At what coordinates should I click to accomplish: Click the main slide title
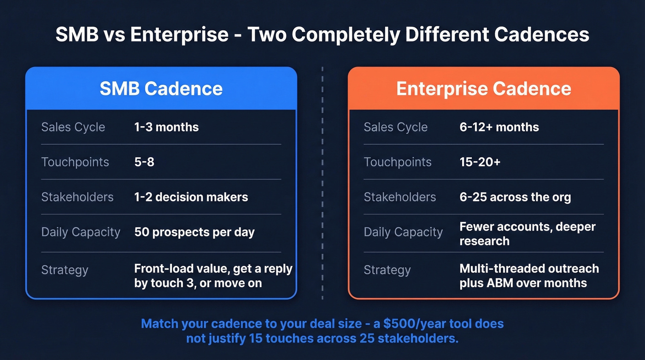[x=322, y=35]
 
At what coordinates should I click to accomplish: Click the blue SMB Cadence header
[x=161, y=89]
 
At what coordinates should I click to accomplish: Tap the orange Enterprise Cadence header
[x=484, y=89]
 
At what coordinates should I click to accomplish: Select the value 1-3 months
[x=166, y=127]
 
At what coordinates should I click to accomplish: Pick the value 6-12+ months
[x=499, y=127]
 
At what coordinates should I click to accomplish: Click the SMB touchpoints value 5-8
[x=144, y=162]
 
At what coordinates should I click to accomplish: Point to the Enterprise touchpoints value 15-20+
[x=480, y=162]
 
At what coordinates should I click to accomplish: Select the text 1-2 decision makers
[x=191, y=197]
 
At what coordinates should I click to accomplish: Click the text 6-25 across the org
[x=515, y=197]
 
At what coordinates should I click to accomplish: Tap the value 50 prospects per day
[x=194, y=232]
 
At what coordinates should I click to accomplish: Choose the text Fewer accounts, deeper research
[x=528, y=234]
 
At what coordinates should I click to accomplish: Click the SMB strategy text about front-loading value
[x=213, y=276]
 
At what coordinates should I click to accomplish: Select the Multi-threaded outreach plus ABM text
[x=529, y=276]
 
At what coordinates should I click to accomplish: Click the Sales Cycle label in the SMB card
[x=73, y=127]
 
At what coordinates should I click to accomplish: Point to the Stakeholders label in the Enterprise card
[x=399, y=197]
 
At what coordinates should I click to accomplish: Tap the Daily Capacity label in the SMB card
[x=81, y=232]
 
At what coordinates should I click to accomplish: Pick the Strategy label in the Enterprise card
[x=387, y=270]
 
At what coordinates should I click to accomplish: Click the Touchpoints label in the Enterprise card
[x=398, y=162]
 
